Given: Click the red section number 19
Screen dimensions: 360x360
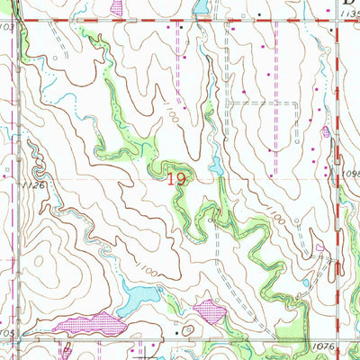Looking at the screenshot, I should pyautogui.click(x=176, y=180).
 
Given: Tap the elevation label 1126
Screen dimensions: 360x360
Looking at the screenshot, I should pyautogui.click(x=12, y=186).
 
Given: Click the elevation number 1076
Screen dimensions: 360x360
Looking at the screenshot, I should pyautogui.click(x=325, y=345).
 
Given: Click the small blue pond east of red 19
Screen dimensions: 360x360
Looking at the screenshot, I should pyautogui.click(x=217, y=166).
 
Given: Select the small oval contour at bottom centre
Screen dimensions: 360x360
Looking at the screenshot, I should pyautogui.click(x=187, y=330).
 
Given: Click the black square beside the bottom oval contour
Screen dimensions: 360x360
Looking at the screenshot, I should pyautogui.click(x=175, y=332).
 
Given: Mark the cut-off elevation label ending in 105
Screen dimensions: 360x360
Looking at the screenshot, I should pyautogui.click(x=7, y=334).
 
